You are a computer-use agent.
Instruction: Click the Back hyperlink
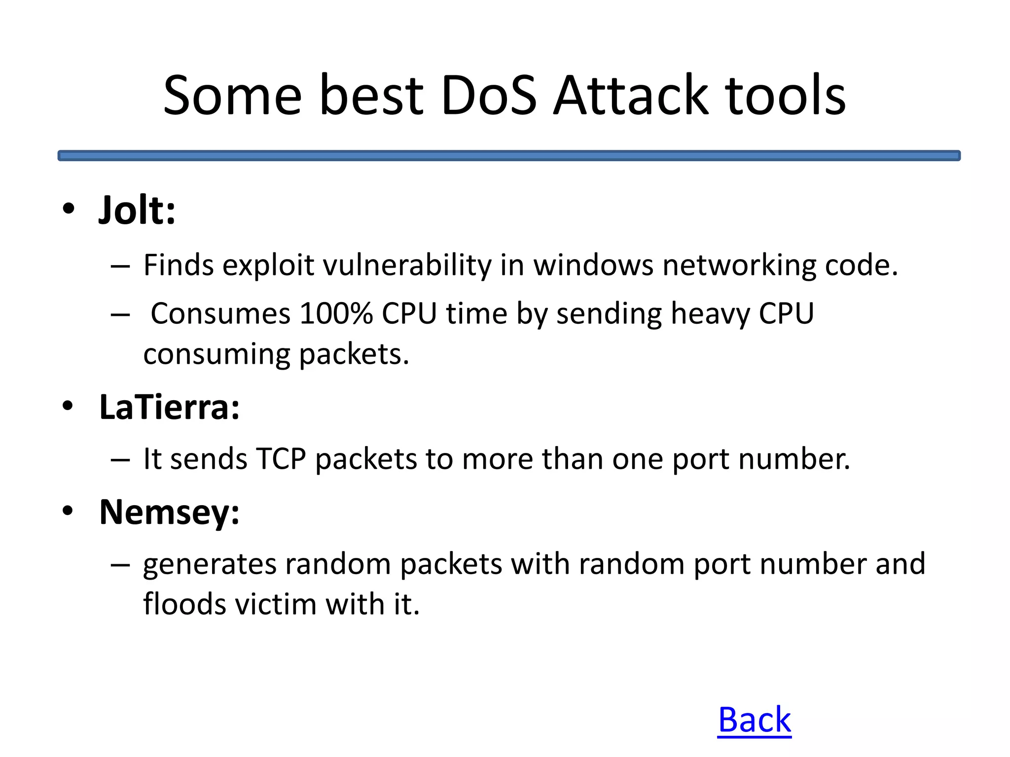754,720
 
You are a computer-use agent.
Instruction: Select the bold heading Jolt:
137,210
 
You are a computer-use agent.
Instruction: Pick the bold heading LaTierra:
169,408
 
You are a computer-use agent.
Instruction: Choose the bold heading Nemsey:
169,513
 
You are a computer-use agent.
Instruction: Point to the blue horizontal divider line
509,156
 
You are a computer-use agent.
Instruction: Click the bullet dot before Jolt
69,208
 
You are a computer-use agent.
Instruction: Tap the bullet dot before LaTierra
68,406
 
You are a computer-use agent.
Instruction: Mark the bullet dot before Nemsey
68,511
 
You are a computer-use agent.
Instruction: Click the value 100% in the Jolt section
336,313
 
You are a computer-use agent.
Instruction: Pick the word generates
209,564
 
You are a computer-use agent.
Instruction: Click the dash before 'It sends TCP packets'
120,460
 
